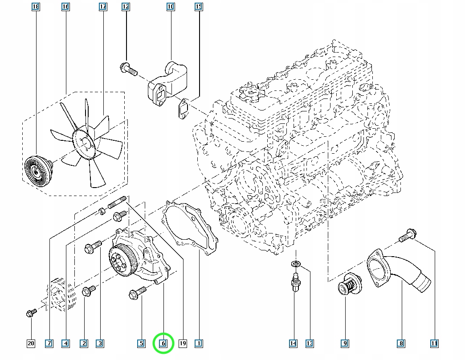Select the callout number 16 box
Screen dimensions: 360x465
pos(65,7)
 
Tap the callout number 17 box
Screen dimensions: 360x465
pos(103,7)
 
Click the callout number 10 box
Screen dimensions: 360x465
pos(171,7)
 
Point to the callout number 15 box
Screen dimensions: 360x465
pos(199,7)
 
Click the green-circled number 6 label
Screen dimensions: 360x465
pos(163,343)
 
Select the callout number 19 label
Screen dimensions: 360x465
pos(182,343)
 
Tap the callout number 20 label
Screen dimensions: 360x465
pos(31,343)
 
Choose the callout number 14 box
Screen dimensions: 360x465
pos(293,343)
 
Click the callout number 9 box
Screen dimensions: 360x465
pos(345,343)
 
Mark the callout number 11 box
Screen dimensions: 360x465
pos(434,343)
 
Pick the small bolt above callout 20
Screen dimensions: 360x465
pos(30,313)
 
